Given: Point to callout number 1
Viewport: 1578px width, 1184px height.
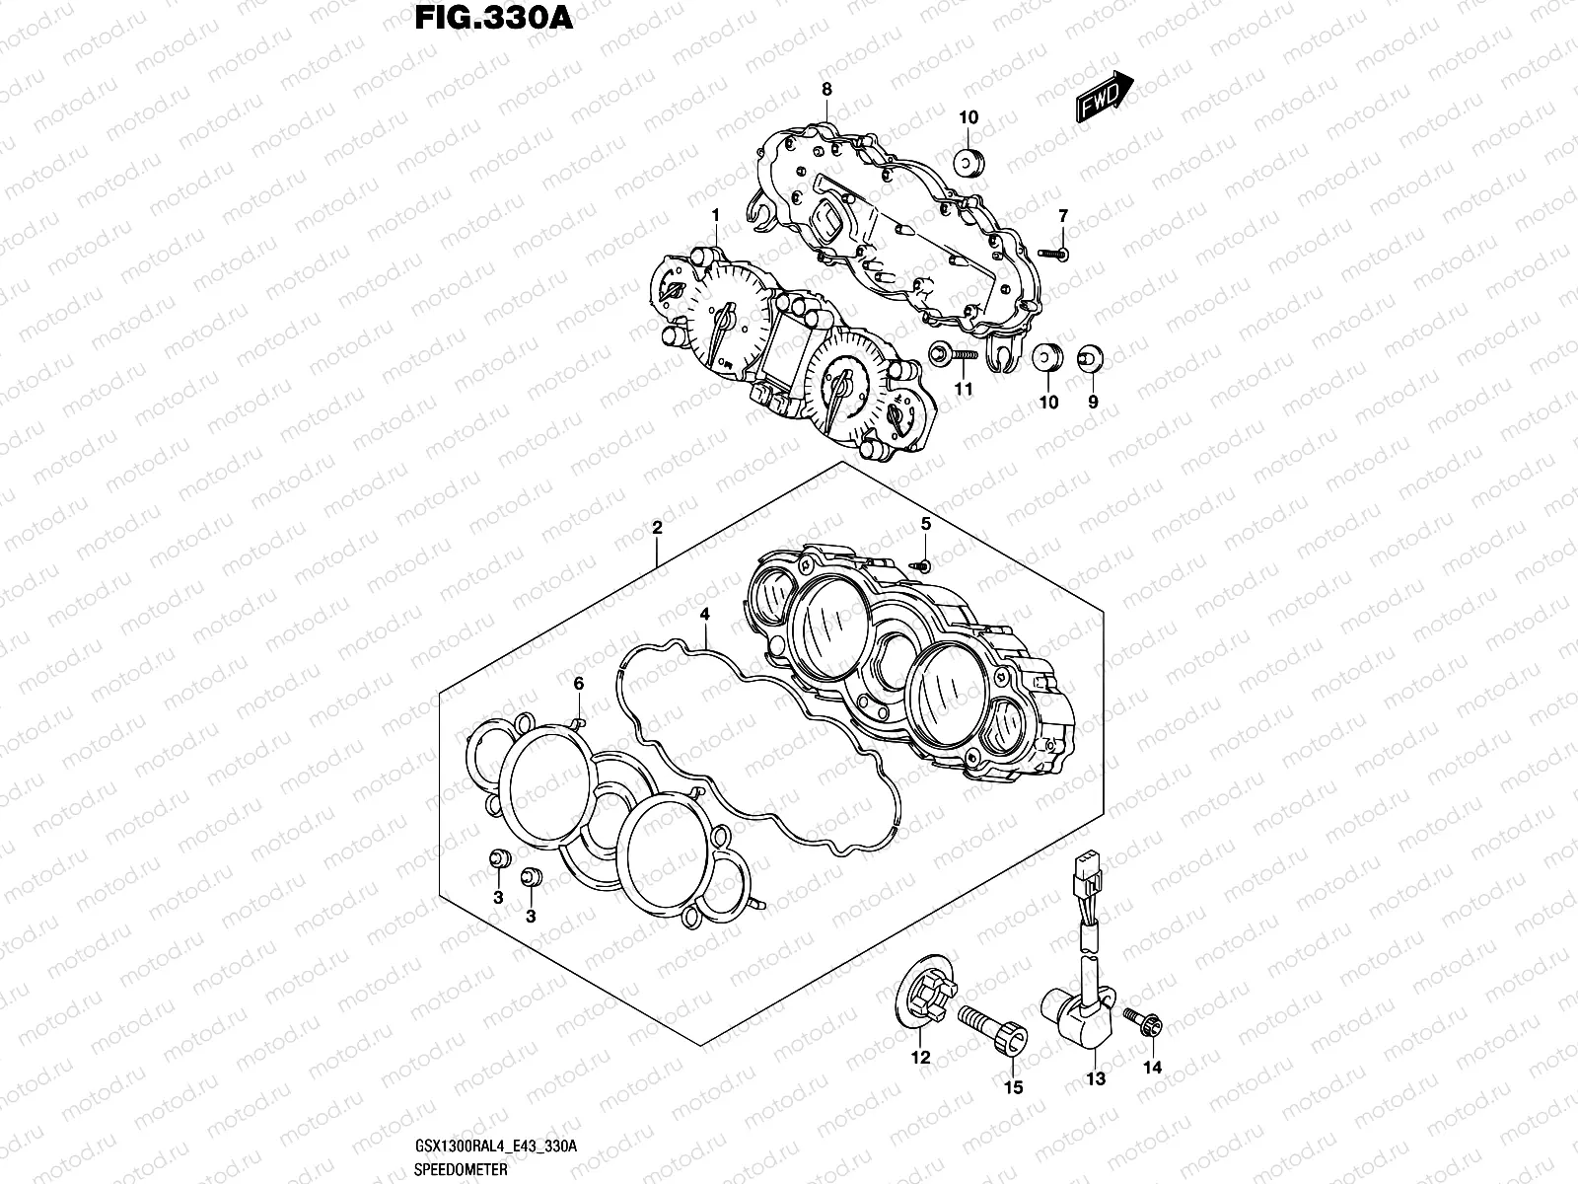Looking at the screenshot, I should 716,215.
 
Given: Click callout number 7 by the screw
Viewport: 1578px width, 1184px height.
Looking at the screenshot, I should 1063,216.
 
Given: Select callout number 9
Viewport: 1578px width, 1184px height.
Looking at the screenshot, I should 1093,402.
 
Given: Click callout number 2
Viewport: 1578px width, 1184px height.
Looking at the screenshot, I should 657,528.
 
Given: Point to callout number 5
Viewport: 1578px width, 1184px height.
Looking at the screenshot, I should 926,524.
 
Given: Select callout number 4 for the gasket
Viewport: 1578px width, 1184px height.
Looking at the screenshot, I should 705,614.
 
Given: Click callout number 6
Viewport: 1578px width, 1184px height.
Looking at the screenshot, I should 579,683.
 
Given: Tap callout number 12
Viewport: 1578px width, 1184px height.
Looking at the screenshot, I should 920,1058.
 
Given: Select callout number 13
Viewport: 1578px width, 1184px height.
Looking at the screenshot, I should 1097,1078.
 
